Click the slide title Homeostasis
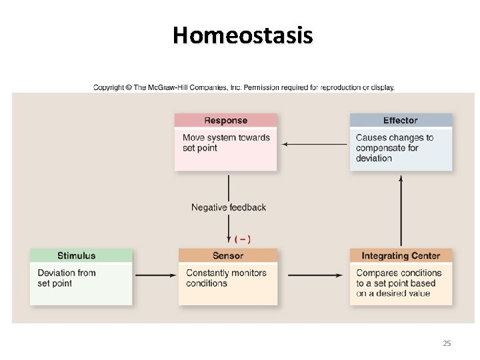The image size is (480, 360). tap(242, 35)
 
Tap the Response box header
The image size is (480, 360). tap(225, 121)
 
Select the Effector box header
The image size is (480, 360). tap(400, 121)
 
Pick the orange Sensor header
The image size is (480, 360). tap(227, 255)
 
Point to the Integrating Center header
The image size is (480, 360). tap(401, 255)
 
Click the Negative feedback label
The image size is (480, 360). tap(229, 207)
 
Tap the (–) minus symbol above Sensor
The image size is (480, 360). tap(243, 239)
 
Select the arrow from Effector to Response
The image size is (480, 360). tap(313, 143)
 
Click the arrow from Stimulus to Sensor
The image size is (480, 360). tap(155, 275)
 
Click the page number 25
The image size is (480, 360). tap(447, 343)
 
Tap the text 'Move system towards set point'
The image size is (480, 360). tap(226, 143)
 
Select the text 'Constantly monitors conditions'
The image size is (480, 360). tap(226, 278)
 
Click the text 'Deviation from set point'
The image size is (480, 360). tap(66, 278)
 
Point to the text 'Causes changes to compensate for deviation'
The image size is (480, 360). tap(395, 148)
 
